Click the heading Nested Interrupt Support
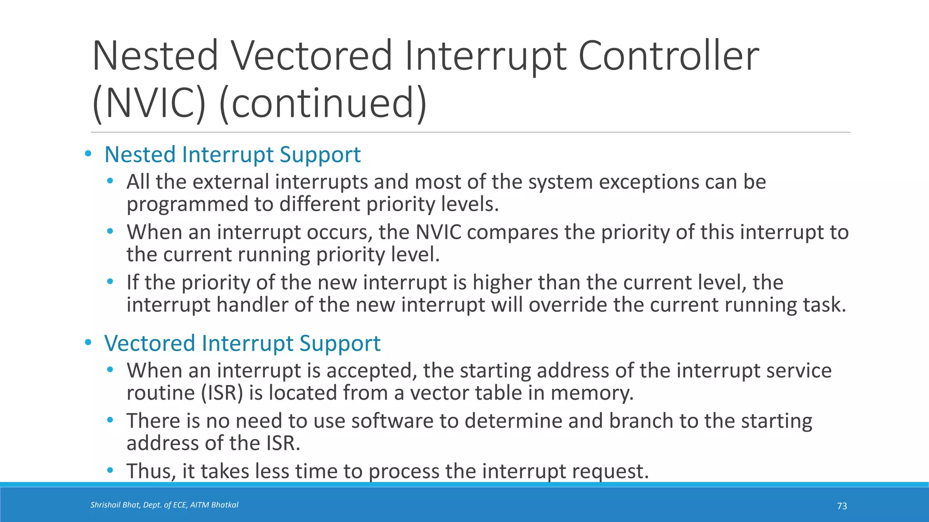232,155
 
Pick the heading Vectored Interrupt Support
242,343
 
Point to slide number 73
842,506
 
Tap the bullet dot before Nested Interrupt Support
88,154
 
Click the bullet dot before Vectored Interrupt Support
88,343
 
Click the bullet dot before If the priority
110,282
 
